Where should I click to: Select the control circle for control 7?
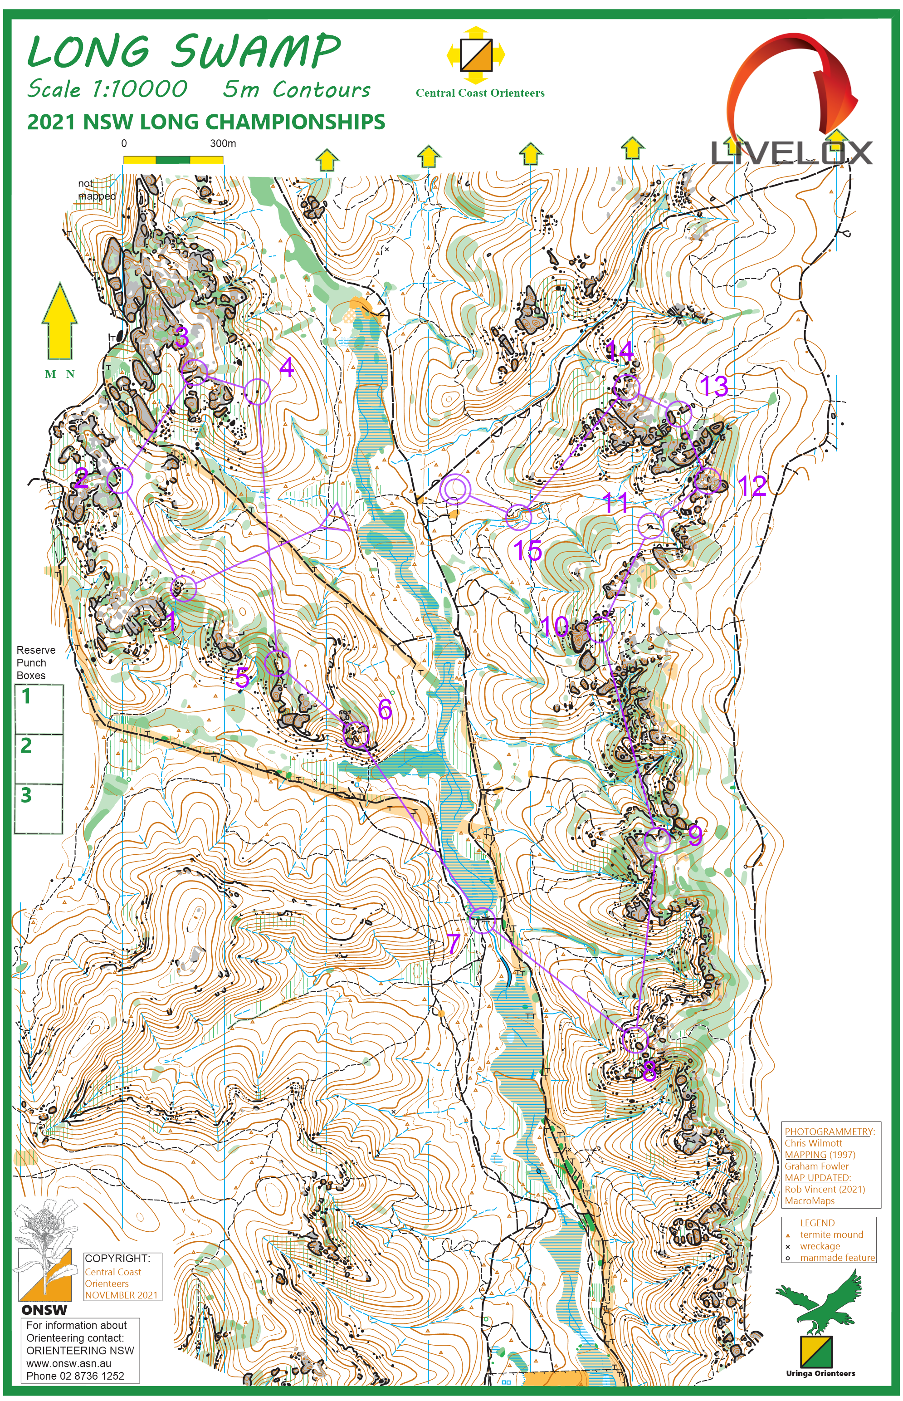point(482,920)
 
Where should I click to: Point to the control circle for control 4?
point(257,391)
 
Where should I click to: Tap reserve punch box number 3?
point(38,808)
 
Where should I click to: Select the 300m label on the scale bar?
point(223,143)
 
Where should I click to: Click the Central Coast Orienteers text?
point(480,93)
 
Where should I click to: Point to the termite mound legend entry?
point(831,1234)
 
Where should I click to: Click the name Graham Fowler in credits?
point(816,1166)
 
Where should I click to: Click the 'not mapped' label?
point(96,190)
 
